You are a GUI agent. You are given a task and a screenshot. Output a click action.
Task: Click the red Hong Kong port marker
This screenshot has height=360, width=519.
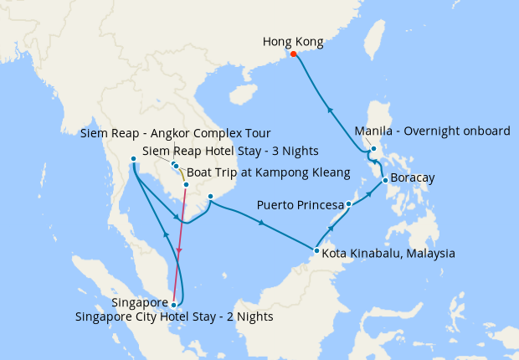[293, 55]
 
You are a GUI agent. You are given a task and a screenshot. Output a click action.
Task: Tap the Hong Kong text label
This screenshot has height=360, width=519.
[292, 41]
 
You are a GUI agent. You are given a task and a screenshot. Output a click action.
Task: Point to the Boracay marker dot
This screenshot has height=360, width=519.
[384, 180]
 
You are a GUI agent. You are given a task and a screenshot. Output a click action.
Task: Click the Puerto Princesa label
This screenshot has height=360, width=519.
[301, 204]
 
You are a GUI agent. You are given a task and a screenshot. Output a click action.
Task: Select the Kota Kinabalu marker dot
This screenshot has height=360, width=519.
[316, 250]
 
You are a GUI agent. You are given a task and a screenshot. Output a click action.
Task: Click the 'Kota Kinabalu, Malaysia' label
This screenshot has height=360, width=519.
[388, 253]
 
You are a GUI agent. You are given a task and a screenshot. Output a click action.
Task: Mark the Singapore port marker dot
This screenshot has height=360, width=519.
[173, 305]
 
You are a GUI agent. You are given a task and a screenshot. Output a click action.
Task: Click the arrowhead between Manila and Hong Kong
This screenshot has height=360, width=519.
[330, 109]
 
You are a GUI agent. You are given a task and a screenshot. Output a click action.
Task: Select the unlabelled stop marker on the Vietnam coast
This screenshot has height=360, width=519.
[211, 197]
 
